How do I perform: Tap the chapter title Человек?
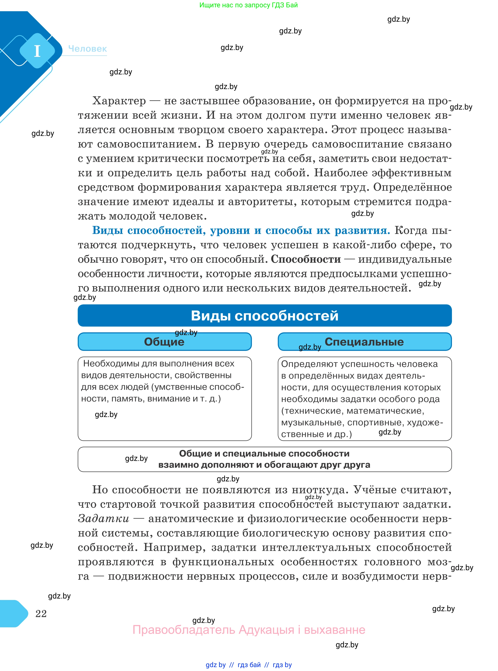(x=88, y=49)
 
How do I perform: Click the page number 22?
(x=41, y=613)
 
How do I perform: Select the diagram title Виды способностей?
(x=264, y=315)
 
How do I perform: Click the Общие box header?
(x=164, y=342)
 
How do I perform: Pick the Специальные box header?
(x=364, y=342)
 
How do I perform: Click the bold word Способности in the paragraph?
(x=305, y=259)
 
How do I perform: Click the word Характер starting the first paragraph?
(x=119, y=101)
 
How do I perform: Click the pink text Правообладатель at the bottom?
(x=184, y=630)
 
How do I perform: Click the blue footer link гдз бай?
(x=249, y=665)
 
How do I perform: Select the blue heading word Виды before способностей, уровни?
(x=107, y=231)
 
